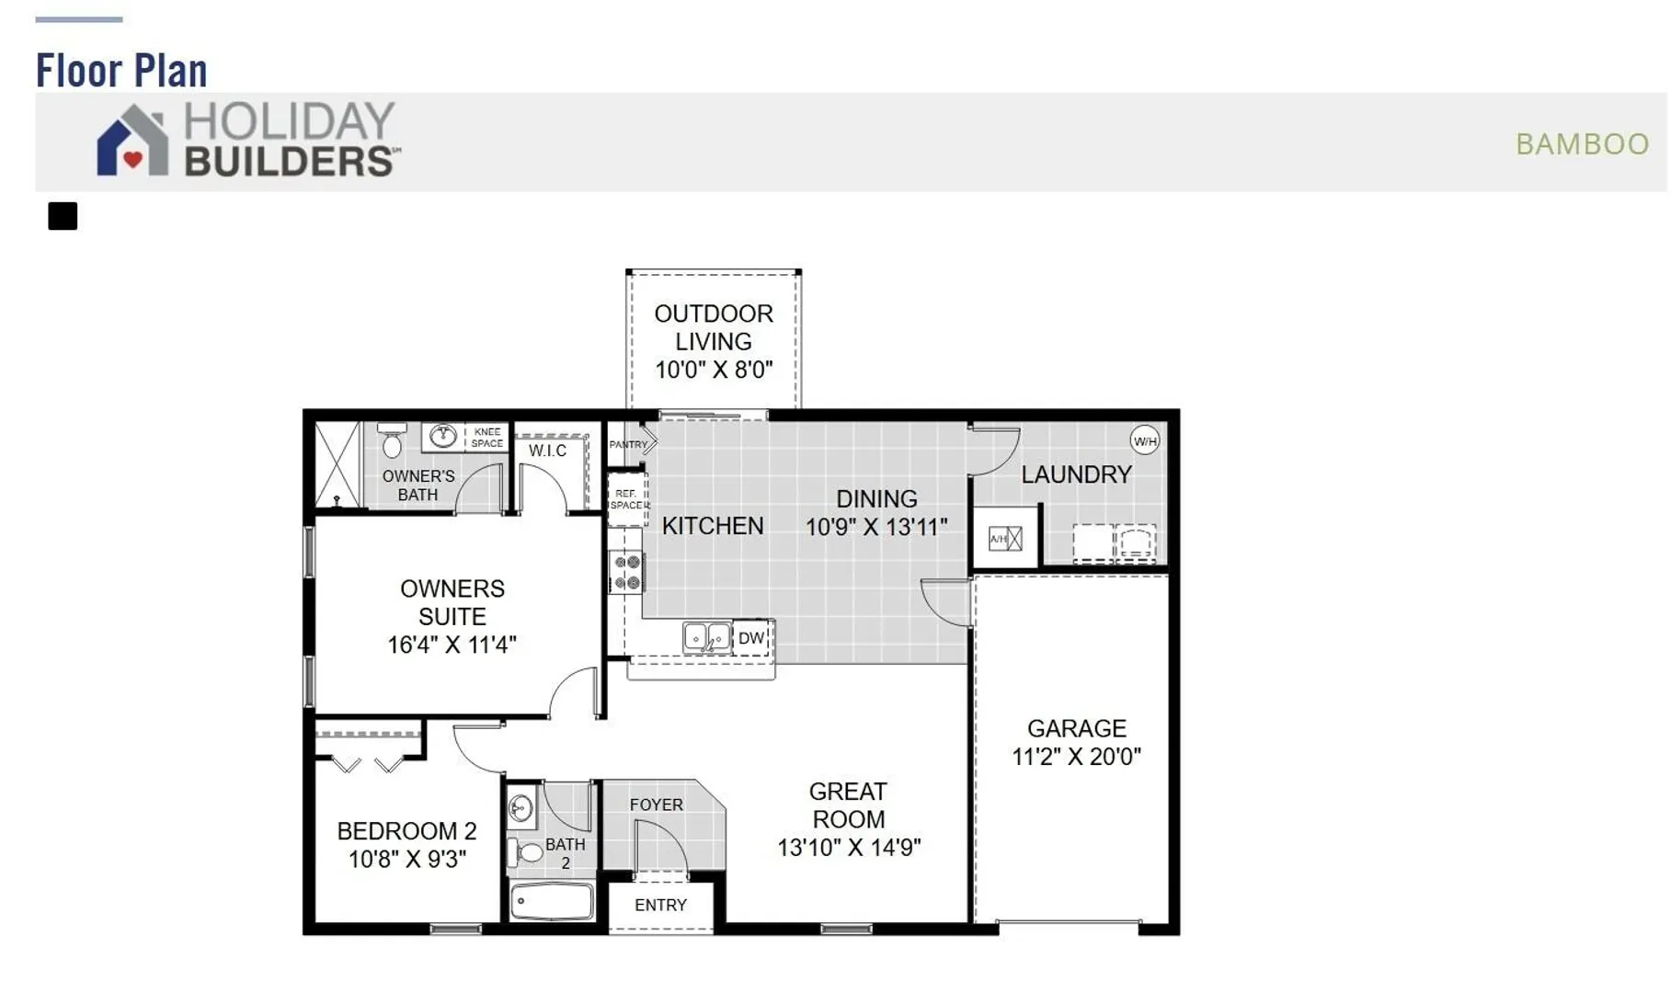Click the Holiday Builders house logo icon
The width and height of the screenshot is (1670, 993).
133,140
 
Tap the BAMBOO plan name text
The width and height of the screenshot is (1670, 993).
1582,144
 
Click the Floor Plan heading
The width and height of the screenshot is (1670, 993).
121,71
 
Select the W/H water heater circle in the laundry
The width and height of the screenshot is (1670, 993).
1145,441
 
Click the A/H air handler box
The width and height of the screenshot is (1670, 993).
1005,539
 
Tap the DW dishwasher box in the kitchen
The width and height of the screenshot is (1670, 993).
751,638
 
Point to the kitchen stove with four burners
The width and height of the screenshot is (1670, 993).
627,573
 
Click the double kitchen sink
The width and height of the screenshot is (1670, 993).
707,637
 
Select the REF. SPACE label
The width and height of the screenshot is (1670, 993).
626,499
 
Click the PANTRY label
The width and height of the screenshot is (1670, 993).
629,445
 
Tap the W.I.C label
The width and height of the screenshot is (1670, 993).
547,451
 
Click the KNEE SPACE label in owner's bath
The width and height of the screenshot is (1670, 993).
487,438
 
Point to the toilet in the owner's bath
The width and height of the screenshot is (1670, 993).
393,440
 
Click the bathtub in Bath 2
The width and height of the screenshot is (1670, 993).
553,902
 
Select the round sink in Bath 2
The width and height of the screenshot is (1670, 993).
521,808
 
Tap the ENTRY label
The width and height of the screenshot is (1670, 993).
660,905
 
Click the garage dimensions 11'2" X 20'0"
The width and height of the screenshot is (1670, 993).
1076,757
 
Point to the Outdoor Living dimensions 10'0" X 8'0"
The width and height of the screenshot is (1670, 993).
714,370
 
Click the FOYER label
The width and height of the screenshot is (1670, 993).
657,805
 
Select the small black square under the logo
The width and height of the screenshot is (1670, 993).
63,216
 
